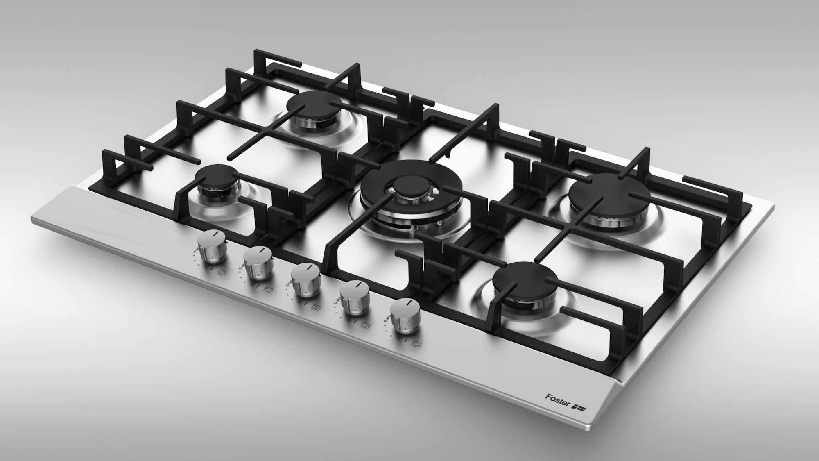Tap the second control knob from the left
(259, 263)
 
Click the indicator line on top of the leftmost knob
(214, 235)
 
